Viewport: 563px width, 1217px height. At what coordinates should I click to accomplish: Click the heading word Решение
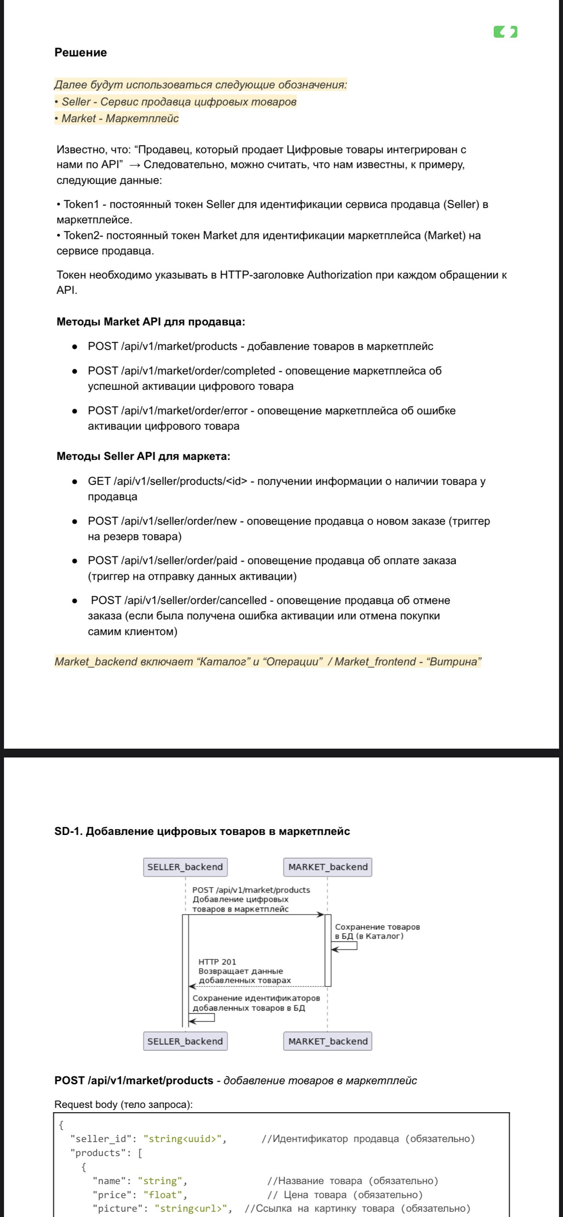coord(80,53)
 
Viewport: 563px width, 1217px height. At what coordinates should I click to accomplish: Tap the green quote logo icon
coord(505,32)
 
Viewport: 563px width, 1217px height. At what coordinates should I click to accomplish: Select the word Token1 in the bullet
coord(81,205)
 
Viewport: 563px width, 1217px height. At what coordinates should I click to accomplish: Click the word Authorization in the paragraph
coord(339,275)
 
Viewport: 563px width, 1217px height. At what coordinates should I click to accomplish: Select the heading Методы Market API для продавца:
coord(151,322)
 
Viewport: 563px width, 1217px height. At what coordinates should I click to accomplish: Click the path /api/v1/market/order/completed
coord(198,371)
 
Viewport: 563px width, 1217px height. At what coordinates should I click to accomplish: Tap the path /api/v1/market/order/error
coord(184,410)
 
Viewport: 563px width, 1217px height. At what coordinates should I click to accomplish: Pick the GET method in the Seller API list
coord(99,481)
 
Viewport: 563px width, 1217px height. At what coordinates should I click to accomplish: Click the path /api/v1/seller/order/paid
coord(179,561)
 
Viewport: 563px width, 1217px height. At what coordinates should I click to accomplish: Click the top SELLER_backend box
coord(185,867)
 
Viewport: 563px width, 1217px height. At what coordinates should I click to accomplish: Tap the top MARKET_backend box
coord(328,867)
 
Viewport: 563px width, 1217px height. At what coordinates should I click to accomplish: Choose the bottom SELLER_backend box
coord(185,1041)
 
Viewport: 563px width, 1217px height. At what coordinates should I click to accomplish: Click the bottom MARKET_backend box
coord(328,1041)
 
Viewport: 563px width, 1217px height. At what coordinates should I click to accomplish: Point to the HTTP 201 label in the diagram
coord(217,962)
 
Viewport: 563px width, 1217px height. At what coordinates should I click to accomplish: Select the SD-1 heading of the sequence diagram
coord(202,831)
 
